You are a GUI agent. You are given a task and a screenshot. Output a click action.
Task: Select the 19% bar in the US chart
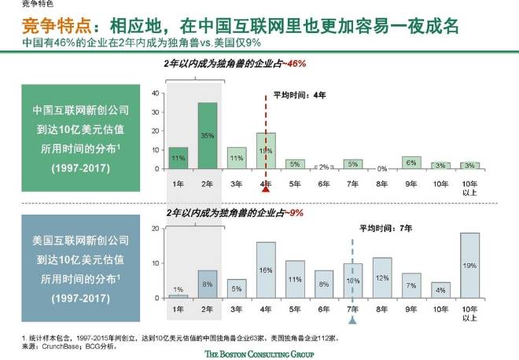point(469,266)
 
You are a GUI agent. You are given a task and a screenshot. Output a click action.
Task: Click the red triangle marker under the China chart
point(266,189)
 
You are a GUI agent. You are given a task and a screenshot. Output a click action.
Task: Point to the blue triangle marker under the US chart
point(352,321)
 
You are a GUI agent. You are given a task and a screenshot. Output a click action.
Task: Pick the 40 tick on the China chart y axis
point(154,93)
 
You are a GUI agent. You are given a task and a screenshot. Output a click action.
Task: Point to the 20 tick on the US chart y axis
point(154,229)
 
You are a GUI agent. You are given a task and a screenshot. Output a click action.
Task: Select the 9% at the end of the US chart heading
point(295,212)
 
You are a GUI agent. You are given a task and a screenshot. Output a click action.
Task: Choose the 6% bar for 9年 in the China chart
point(410,163)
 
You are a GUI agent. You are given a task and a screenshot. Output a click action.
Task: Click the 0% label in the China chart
point(381,166)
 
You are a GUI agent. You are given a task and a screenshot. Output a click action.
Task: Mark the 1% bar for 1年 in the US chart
point(179,296)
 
